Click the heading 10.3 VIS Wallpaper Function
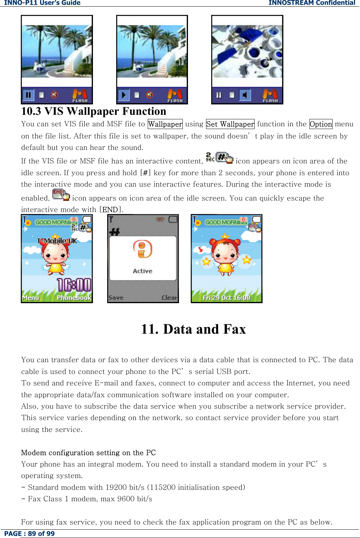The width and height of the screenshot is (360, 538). coord(94,111)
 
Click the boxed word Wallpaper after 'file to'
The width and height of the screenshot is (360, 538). coord(165,124)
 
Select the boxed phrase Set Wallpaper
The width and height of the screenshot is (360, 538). coord(230,124)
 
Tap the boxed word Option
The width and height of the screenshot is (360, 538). coord(321,124)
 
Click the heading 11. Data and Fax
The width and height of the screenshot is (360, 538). coord(193,329)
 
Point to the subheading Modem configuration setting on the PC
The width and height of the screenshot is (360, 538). coord(88,453)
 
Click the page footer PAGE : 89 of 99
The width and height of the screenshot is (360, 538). coord(29,533)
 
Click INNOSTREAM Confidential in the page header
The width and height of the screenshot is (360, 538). coord(311,3)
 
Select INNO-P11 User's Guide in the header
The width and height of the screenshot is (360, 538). coord(42,3)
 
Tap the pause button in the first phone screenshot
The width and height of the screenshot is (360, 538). coord(28,95)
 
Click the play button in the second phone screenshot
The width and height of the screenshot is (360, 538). coord(123,95)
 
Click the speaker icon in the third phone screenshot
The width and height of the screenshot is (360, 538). coord(245,95)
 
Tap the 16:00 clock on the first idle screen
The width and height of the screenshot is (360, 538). coord(74,285)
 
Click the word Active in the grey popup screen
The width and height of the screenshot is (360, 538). coord(143,271)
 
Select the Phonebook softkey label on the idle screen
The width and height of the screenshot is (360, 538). coord(74,298)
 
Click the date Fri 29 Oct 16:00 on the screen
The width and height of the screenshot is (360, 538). coord(226,298)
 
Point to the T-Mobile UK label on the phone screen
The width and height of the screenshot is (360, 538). coord(57,241)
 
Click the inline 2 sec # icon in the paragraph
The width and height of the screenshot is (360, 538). coord(220,158)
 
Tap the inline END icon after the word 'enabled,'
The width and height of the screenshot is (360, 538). coord(61,195)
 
